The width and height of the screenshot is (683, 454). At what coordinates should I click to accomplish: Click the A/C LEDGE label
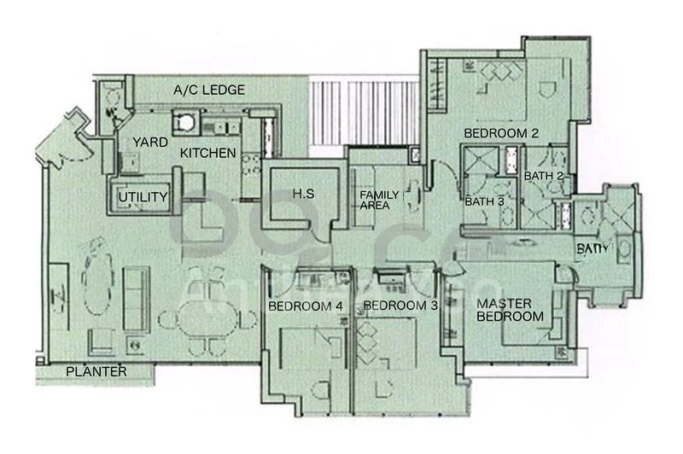click(x=209, y=90)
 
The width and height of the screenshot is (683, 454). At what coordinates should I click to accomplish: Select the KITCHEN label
click(x=207, y=154)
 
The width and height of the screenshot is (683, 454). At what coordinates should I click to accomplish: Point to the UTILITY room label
click(x=143, y=198)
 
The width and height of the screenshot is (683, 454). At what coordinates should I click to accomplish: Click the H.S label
click(x=304, y=195)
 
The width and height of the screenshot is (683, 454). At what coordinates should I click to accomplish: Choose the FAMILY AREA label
click(x=374, y=200)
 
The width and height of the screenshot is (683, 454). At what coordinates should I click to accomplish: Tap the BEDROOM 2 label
click(x=501, y=133)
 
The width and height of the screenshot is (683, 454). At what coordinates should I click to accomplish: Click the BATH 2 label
click(x=544, y=176)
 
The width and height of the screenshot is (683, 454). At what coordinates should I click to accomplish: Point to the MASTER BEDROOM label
click(x=510, y=310)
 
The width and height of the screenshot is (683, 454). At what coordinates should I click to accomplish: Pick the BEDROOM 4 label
click(x=306, y=306)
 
